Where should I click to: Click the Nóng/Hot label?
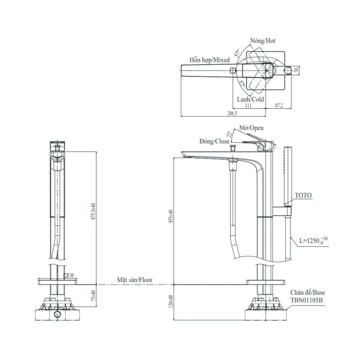[x=263, y=41]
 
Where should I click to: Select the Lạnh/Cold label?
[x=250, y=99]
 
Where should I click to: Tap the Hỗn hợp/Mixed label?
[x=210, y=60]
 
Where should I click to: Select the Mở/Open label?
[x=252, y=128]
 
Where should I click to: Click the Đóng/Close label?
[x=214, y=141]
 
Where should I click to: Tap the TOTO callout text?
[x=303, y=195]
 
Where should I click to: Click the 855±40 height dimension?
[x=171, y=216]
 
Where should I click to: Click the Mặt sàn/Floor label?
[x=134, y=279]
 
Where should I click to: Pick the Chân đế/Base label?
[x=306, y=293]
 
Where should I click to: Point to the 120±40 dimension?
[x=171, y=301]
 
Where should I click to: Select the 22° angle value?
[x=228, y=134]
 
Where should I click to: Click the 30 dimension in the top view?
[x=296, y=71]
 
